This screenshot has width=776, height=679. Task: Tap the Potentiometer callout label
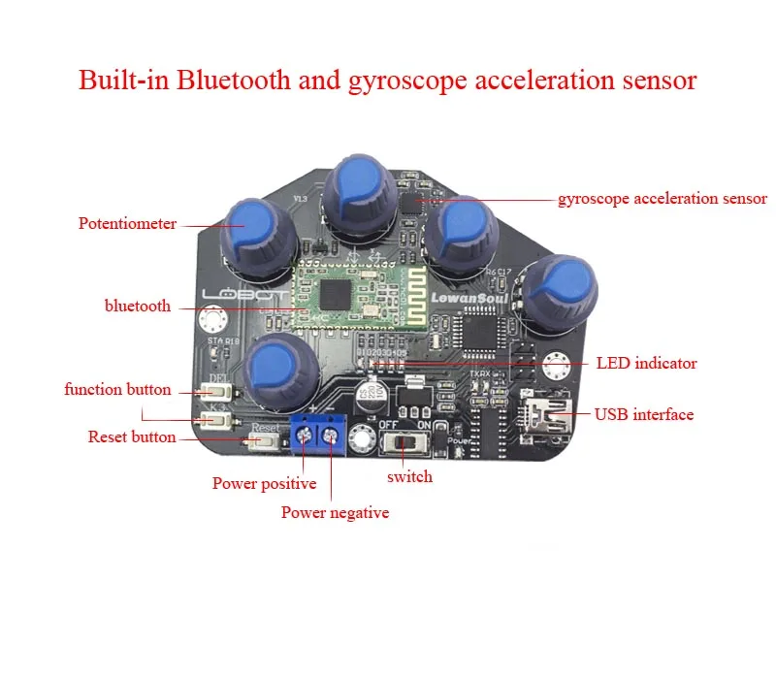click(127, 224)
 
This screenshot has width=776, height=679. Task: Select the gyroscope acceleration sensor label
click(663, 199)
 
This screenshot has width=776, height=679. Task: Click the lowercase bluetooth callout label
click(138, 307)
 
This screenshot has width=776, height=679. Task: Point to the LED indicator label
click(646, 364)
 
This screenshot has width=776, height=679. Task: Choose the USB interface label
click(644, 414)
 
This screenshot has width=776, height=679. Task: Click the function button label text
click(117, 390)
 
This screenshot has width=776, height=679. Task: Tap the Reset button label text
click(132, 437)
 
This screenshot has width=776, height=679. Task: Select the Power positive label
click(264, 483)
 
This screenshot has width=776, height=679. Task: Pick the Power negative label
click(335, 512)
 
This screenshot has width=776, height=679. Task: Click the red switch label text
click(409, 477)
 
